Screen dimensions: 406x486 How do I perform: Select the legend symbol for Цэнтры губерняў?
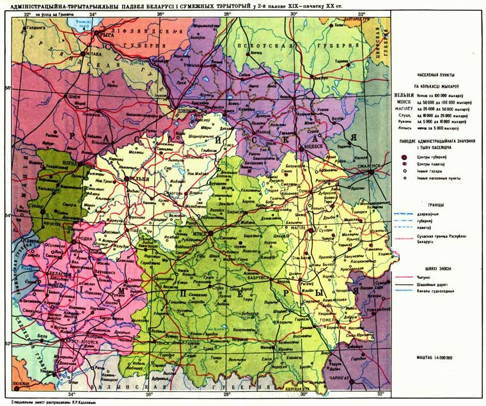pos(405,156)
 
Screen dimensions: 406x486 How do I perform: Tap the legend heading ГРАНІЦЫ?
pos(437,205)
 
